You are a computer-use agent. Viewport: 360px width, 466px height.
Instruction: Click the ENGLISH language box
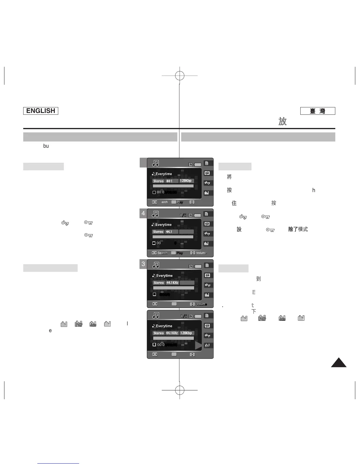click(x=41, y=111)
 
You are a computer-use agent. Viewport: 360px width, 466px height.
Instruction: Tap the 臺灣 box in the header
click(x=318, y=111)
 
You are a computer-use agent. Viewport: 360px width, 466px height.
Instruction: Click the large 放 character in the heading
click(x=283, y=122)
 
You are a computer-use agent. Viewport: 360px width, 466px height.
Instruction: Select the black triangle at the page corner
click(x=339, y=362)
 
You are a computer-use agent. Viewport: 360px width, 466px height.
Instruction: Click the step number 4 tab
click(x=143, y=213)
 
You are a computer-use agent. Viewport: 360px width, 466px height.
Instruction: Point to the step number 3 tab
click(x=143, y=264)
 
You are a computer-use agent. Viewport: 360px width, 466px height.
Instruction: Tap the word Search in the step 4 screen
click(x=162, y=253)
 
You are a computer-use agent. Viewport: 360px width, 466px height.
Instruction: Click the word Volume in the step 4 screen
click(x=201, y=253)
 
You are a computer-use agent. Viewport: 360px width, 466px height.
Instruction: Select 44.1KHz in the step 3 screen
click(x=172, y=283)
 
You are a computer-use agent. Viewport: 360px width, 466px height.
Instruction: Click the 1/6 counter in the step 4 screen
click(x=183, y=215)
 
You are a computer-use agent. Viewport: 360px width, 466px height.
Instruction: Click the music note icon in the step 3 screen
click(x=156, y=265)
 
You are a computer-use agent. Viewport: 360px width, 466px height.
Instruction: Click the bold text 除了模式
click(x=298, y=229)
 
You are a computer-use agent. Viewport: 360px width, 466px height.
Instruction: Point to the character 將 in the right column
click(x=229, y=177)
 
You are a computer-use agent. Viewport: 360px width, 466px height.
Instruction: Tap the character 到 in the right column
click(x=259, y=279)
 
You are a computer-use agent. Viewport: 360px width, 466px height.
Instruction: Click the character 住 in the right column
click(x=234, y=203)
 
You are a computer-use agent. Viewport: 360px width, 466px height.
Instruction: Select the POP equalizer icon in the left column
click(x=79, y=324)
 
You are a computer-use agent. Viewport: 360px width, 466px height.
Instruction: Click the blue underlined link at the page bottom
click(x=58, y=463)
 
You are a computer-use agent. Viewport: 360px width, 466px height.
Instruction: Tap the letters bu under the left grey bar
click(x=46, y=146)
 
